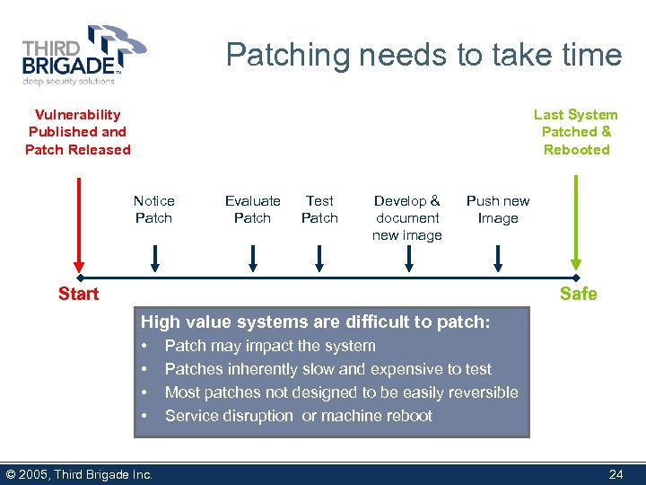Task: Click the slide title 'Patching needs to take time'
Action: (423, 55)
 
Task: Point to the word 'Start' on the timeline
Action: (78, 294)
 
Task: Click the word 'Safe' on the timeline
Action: (578, 294)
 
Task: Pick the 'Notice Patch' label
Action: (153, 209)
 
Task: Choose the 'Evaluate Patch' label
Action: (252, 209)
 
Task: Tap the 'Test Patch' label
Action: (319, 209)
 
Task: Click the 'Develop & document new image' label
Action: (407, 218)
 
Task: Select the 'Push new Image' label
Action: (498, 209)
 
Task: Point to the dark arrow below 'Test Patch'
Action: (320, 258)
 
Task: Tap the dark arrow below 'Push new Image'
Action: (498, 258)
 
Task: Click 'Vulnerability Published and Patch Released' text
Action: (78, 132)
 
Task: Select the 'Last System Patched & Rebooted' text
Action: (576, 132)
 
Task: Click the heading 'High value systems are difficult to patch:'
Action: (316, 322)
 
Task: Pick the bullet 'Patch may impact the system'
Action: (270, 346)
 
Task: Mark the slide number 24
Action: (615, 474)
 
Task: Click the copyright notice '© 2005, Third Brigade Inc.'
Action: (79, 474)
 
